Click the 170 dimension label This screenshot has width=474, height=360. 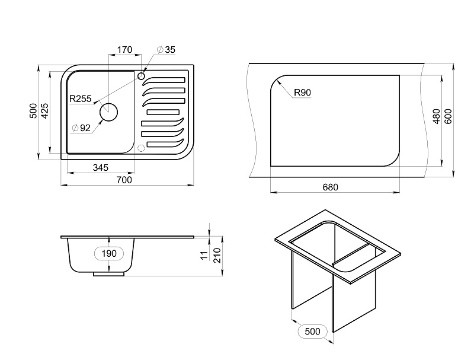click(x=124, y=49)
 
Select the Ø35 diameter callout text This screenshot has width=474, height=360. click(x=166, y=50)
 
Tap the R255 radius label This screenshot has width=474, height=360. click(x=81, y=98)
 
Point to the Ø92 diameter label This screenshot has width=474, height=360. click(x=81, y=128)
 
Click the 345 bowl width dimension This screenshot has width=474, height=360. click(x=100, y=167)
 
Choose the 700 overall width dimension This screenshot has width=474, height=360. click(x=124, y=180)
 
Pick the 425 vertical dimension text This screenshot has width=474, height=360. click(x=44, y=111)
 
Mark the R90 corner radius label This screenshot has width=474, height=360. click(x=303, y=93)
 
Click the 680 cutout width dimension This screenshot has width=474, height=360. click(x=330, y=187)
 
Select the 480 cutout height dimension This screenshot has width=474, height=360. click(x=437, y=116)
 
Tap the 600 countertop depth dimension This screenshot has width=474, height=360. click(x=448, y=116)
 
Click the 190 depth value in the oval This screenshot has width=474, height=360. click(x=109, y=253)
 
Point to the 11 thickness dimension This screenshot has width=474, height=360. click(x=205, y=255)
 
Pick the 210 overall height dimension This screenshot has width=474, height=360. click(x=217, y=255)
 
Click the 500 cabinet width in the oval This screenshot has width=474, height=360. click(x=313, y=332)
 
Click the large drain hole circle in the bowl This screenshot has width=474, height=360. click(x=108, y=112)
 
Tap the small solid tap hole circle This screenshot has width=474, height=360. click(x=141, y=76)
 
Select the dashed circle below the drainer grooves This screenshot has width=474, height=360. click(x=141, y=148)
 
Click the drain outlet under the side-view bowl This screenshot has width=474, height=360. click(x=109, y=274)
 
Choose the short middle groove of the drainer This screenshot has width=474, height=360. click(x=163, y=112)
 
